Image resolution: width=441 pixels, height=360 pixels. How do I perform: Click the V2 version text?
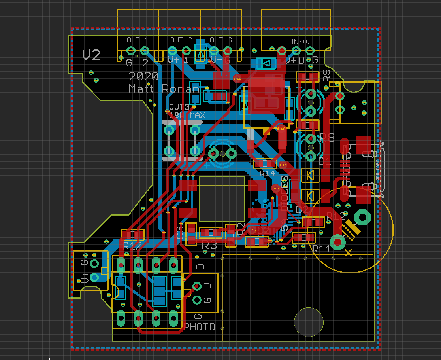click(x=91, y=55)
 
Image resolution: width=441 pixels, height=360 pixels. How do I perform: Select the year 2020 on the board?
click(x=144, y=76)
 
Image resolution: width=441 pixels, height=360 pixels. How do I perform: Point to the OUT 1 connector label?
click(x=138, y=40)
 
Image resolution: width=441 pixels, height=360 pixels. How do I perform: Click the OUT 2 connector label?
click(x=181, y=40)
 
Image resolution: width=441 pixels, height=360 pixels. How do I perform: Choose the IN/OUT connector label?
click(x=303, y=42)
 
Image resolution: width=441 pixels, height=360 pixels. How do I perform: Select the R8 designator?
click(x=327, y=138)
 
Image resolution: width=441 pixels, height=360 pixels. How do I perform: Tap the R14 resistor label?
click(x=267, y=173)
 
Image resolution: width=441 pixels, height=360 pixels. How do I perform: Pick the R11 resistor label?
click(x=321, y=249)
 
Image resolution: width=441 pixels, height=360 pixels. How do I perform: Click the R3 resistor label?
click(x=209, y=246)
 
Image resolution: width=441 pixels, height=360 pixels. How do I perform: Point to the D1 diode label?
click(x=324, y=161)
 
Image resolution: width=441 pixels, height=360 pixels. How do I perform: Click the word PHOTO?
click(x=200, y=327)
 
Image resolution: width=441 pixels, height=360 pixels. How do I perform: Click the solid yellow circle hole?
click(x=309, y=322)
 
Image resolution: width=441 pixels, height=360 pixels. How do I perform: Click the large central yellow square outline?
click(x=222, y=199)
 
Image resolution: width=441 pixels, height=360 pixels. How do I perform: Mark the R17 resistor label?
click(x=132, y=246)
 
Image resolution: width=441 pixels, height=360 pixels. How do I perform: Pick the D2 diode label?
click(x=302, y=209)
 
